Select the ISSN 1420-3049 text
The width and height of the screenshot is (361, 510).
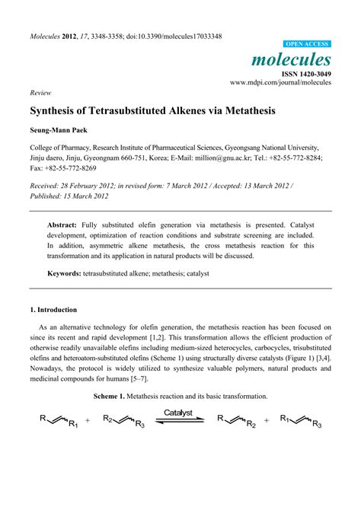point(307,73)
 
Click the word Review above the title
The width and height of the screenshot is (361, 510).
point(40,92)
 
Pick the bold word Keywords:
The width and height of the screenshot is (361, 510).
point(67,273)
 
